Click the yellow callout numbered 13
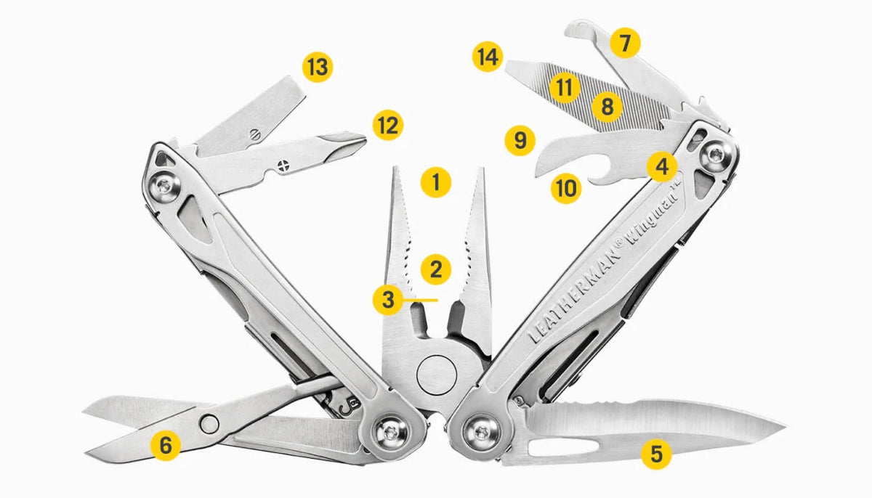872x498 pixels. pyautogui.click(x=318, y=68)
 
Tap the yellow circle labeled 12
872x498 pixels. pyautogui.click(x=388, y=125)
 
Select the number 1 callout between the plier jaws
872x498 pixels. pyautogui.click(x=436, y=182)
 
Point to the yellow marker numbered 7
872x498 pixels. pyautogui.click(x=625, y=43)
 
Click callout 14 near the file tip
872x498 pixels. pyautogui.click(x=488, y=57)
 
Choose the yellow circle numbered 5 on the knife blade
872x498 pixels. pyautogui.click(x=656, y=454)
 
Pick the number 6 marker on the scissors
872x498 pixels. pyautogui.click(x=166, y=445)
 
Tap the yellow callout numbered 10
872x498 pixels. pyautogui.click(x=566, y=189)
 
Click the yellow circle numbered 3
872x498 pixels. pyautogui.click(x=388, y=300)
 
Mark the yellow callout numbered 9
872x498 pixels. pyautogui.click(x=520, y=140)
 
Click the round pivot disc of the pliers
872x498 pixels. pyautogui.click(x=437, y=375)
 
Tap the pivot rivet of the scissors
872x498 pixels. pyautogui.click(x=209, y=424)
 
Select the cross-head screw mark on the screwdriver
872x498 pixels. pyautogui.click(x=284, y=166)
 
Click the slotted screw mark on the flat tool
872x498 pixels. pyautogui.click(x=255, y=134)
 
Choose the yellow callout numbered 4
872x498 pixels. pyautogui.click(x=662, y=167)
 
